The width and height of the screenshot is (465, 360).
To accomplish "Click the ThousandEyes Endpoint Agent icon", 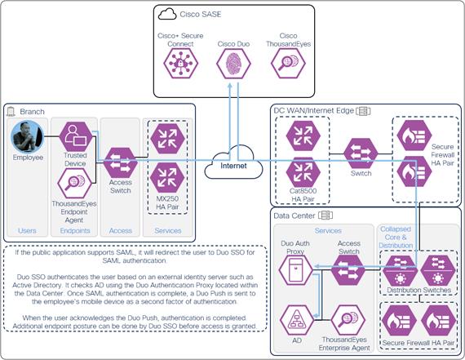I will pyautogui.click(x=76, y=186).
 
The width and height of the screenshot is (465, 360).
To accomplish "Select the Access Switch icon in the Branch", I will pyautogui.click(x=121, y=161).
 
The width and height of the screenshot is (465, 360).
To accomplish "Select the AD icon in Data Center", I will pyautogui.click(x=295, y=321).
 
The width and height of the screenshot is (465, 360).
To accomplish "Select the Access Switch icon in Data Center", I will pyautogui.click(x=348, y=271).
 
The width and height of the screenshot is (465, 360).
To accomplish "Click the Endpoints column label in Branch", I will pyautogui.click(x=76, y=231).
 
